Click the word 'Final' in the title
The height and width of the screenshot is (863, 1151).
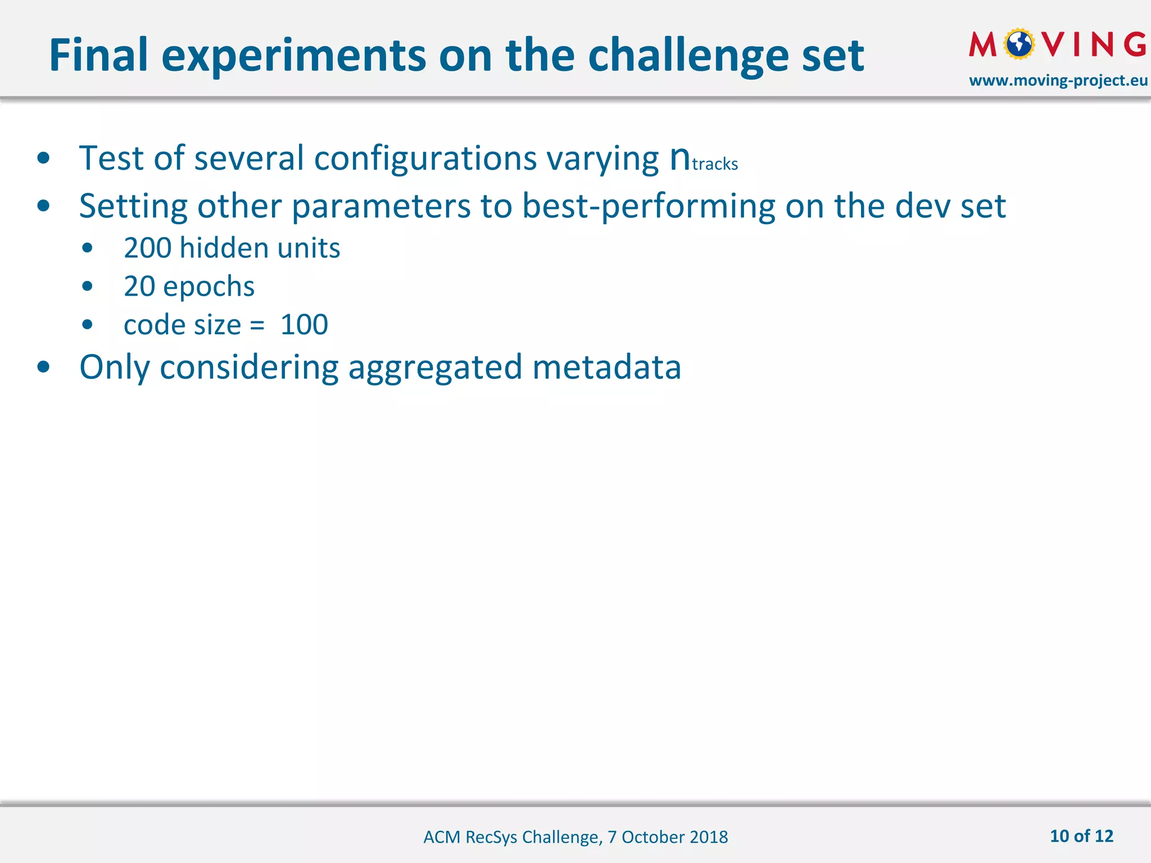(98, 55)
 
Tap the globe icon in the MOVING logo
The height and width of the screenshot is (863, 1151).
(1019, 44)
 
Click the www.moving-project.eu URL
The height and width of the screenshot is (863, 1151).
(1058, 80)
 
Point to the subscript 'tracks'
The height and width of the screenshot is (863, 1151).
(715, 164)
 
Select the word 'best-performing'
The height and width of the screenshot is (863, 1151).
(649, 206)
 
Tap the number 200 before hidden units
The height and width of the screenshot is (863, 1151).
(147, 248)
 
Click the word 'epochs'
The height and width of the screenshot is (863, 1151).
(209, 287)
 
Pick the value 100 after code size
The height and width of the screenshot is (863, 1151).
(304, 325)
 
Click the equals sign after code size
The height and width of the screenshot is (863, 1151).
(257, 325)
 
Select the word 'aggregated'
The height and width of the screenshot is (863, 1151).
(435, 367)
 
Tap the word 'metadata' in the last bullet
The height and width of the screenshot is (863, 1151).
(606, 367)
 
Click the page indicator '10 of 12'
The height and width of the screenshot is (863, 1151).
(1081, 836)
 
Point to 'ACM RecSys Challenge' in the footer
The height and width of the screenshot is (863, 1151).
(511, 837)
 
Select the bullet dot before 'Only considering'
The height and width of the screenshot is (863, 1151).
(43, 367)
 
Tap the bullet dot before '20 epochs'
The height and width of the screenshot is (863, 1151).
(87, 287)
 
